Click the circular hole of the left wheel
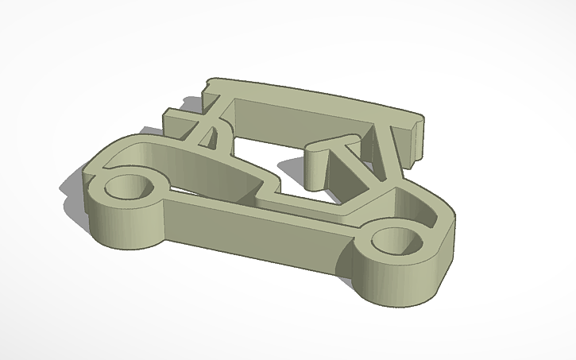(127, 188)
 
